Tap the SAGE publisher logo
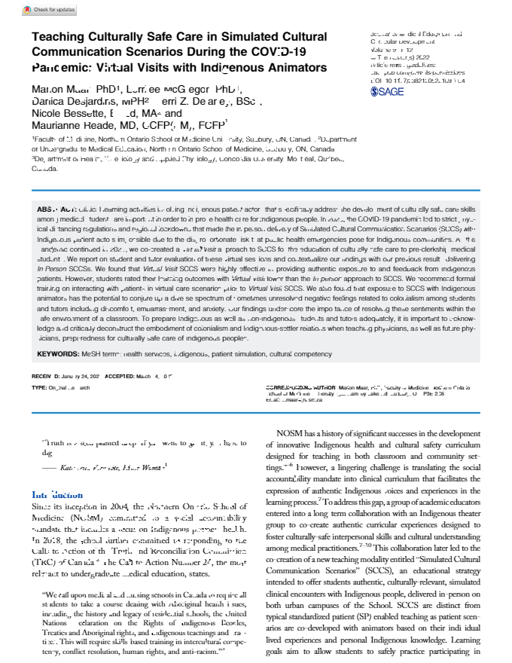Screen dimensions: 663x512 388,91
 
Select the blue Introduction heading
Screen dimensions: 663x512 57,495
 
